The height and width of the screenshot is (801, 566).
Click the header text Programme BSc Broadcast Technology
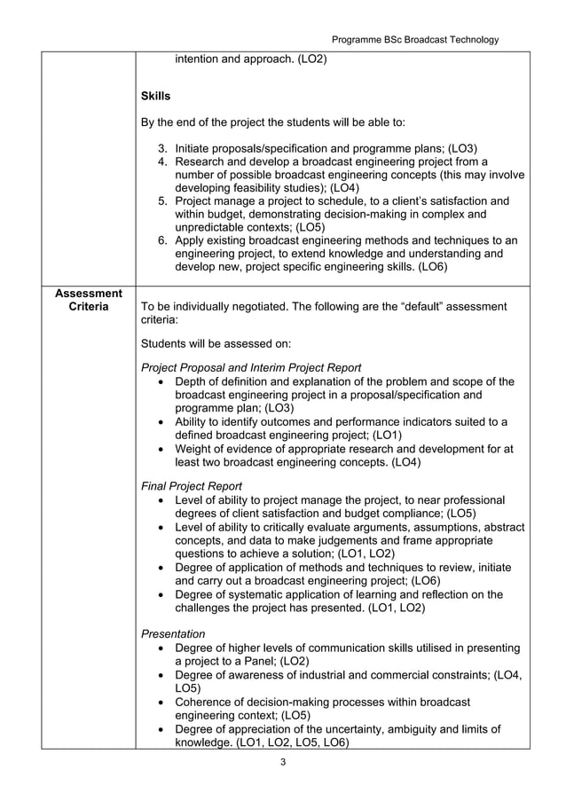(414, 39)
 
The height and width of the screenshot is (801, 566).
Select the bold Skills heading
(156, 95)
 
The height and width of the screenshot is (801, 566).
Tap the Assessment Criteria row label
(88, 300)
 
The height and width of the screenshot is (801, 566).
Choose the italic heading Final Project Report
(192, 486)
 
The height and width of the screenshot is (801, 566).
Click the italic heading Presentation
(173, 633)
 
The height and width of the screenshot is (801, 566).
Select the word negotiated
(261, 306)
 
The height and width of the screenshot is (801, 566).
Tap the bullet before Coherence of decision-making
(159, 703)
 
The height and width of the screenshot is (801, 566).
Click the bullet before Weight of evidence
(159, 449)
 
